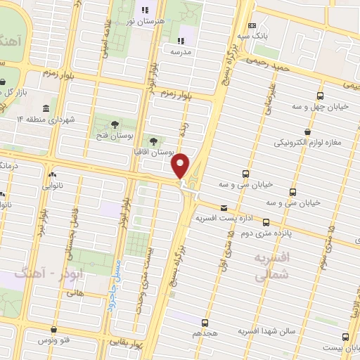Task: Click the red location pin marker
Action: click(181, 165)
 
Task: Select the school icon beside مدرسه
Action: click(181, 40)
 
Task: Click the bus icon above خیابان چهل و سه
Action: click(321, 96)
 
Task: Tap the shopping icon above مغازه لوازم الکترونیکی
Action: click(307, 131)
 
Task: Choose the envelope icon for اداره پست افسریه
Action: click(224, 207)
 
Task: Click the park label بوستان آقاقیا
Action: click(154, 152)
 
